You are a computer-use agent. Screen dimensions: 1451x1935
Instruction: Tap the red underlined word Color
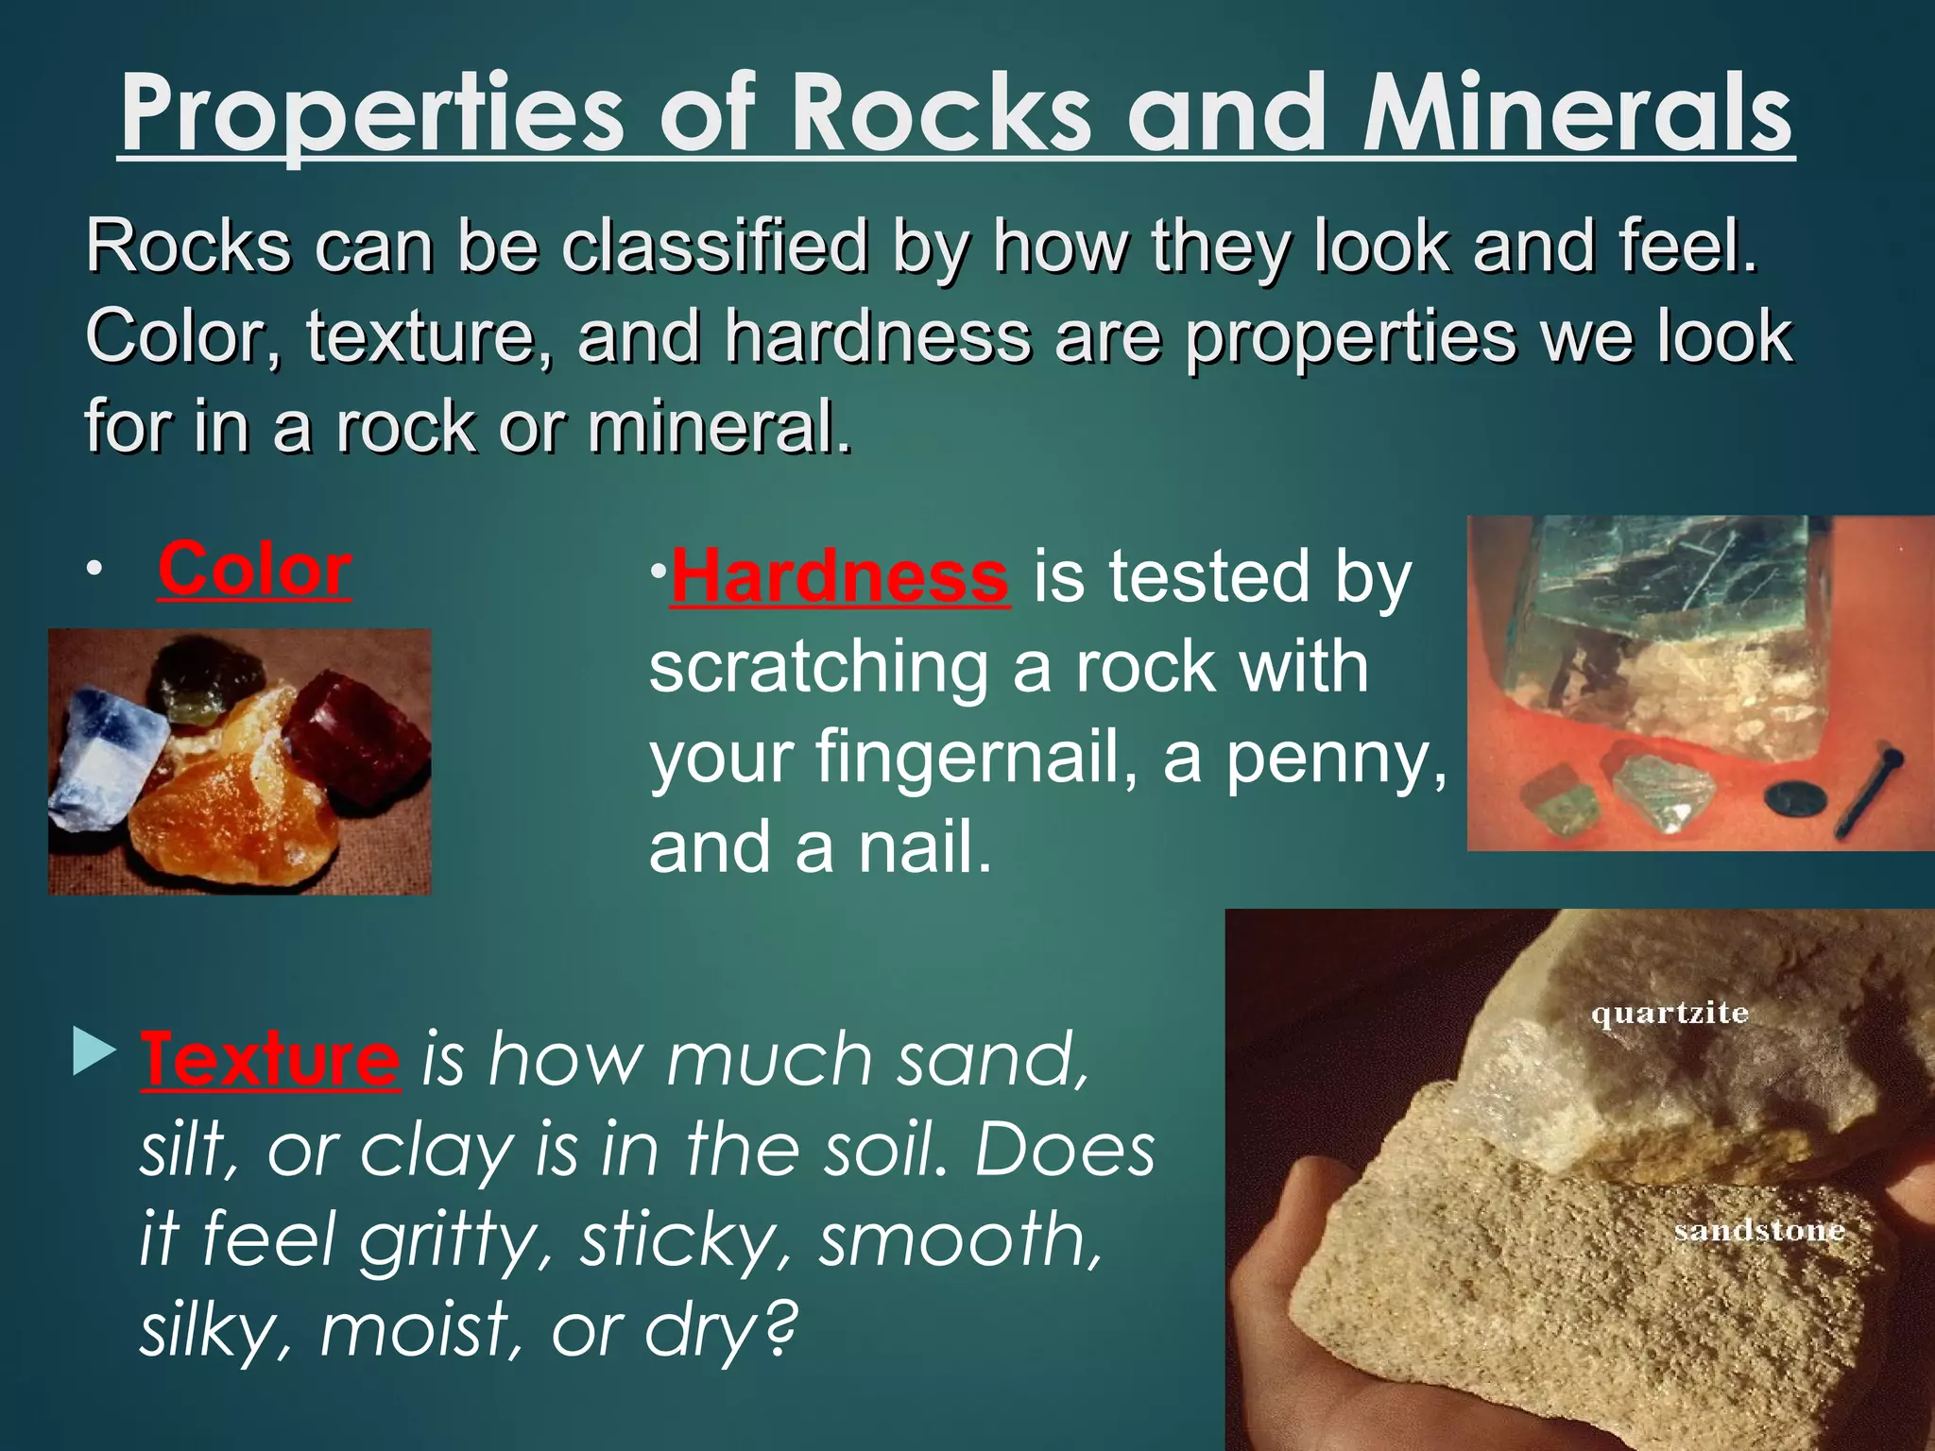click(254, 570)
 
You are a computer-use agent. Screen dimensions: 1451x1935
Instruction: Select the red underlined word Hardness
click(839, 577)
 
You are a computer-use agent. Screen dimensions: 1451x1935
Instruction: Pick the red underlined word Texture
click(270, 1060)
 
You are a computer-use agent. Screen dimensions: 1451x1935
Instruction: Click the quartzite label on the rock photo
click(1670, 1015)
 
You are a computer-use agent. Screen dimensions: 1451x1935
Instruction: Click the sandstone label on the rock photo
click(1759, 1231)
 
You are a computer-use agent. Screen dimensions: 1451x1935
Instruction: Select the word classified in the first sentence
click(714, 246)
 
